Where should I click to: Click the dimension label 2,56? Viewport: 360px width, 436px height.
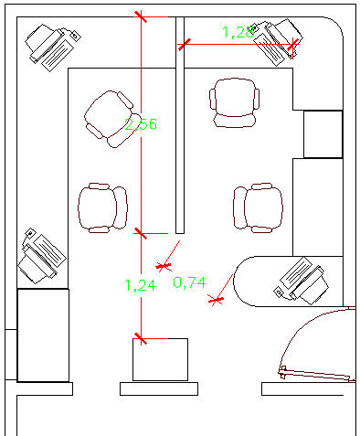(x=141, y=123)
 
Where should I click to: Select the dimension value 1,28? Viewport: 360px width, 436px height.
(x=238, y=32)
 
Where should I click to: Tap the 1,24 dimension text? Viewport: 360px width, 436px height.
(x=140, y=284)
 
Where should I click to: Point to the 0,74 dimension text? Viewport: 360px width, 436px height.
(x=188, y=282)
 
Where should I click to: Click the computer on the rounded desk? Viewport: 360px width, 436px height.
(x=302, y=280)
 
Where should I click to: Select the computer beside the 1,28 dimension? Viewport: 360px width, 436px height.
(x=278, y=39)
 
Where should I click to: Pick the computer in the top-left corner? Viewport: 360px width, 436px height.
(x=52, y=45)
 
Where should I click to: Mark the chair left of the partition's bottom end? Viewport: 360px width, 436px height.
(x=102, y=207)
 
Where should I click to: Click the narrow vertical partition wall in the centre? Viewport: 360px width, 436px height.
(x=180, y=123)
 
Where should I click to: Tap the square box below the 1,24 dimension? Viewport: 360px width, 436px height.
(x=161, y=359)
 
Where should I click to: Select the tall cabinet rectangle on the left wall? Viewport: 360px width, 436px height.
(x=42, y=335)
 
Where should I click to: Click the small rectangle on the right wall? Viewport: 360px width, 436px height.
(x=323, y=134)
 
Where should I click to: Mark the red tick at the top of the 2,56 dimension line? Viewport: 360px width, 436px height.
(x=140, y=15)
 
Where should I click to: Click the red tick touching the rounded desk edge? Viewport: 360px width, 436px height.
(x=217, y=299)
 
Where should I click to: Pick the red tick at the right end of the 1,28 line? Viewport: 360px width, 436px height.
(x=292, y=45)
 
